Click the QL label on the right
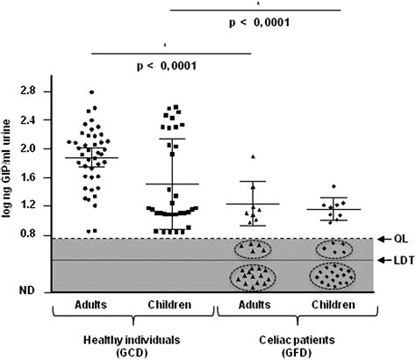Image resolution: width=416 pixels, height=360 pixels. coord(401,238)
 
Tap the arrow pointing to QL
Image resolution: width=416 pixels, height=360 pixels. coord(383,238)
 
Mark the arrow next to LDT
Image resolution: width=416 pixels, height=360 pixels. coord(381,260)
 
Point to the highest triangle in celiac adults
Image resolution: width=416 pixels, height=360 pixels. coord(253,156)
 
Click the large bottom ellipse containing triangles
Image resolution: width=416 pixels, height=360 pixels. coord(253,279)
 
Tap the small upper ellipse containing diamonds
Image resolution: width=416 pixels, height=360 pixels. coord(332,248)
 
